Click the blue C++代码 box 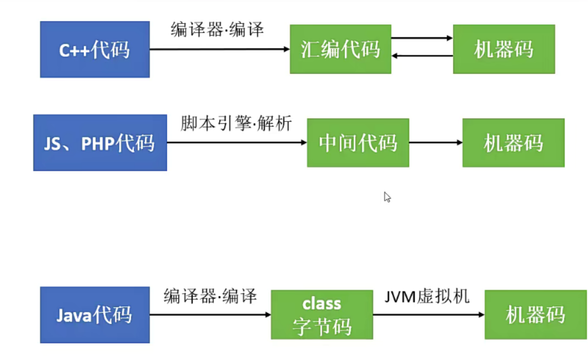tap(94, 49)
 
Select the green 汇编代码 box tap(340, 49)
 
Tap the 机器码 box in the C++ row tap(504, 49)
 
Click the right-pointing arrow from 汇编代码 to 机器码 tap(422, 38)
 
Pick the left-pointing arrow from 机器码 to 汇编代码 tap(422, 56)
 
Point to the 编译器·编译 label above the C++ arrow tap(217, 29)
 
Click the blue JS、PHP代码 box tap(100, 143)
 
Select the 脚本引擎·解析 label tap(236, 123)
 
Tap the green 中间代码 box tap(358, 143)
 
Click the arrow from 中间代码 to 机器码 tap(436, 143)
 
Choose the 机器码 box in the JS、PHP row tap(513, 143)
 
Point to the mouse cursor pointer tap(387, 197)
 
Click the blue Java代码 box tap(94, 315)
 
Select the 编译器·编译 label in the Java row tap(210, 297)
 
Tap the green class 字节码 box tap(321, 315)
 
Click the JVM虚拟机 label tap(427, 296)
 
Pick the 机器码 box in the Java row tap(535, 314)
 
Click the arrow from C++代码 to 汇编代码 tap(219, 49)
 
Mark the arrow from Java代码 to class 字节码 tap(210, 315)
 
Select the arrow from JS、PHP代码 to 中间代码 tap(237, 143)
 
